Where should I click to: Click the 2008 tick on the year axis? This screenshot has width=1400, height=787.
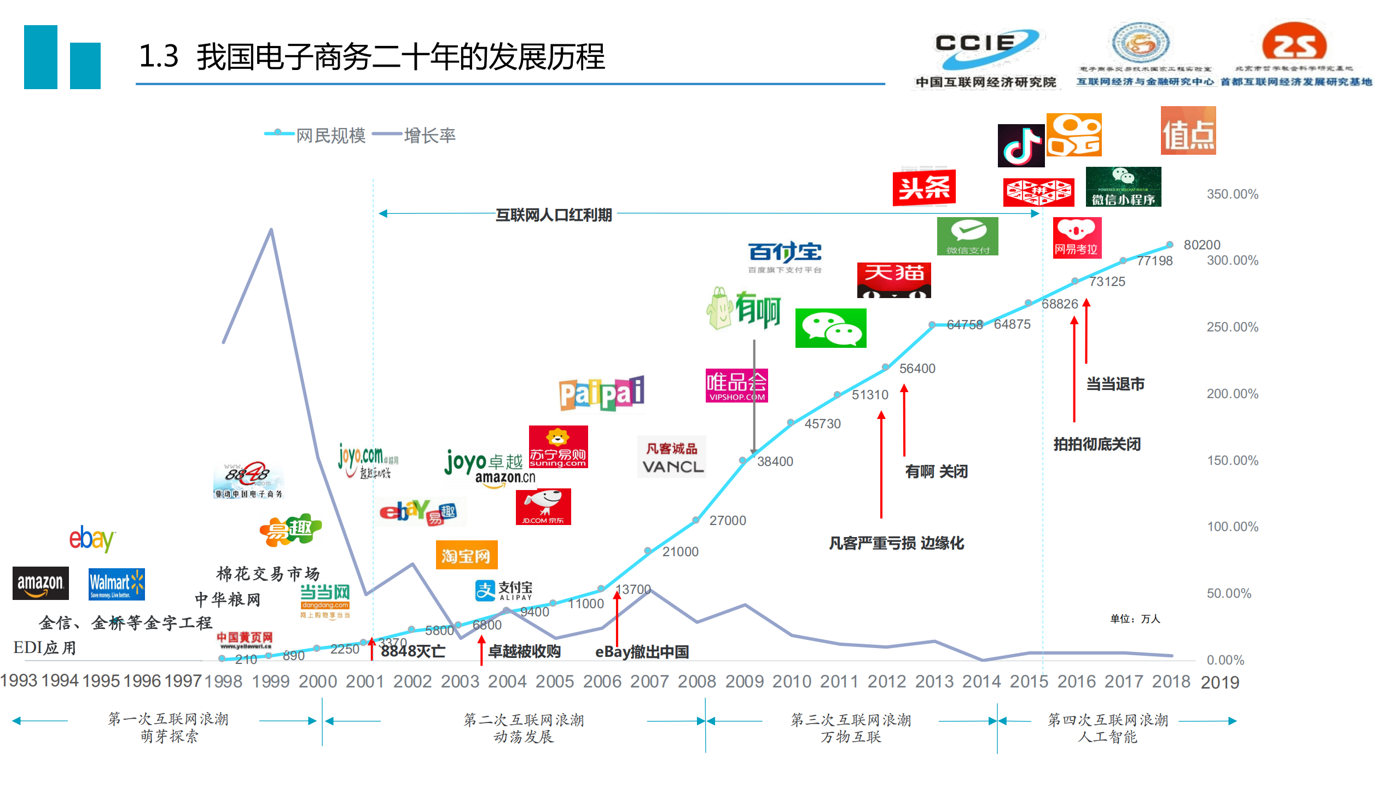[x=696, y=681]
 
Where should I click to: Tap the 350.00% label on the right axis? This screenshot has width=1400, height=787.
[x=1232, y=194]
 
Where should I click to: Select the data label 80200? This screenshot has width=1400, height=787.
[x=1201, y=244]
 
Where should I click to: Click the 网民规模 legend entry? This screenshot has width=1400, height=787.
[x=330, y=135]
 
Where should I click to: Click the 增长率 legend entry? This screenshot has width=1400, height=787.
[x=429, y=135]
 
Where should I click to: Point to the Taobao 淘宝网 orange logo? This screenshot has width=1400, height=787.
[x=466, y=555]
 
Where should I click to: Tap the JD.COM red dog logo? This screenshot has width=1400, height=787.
[x=543, y=506]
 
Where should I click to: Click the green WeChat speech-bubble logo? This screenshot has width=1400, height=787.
[x=830, y=328]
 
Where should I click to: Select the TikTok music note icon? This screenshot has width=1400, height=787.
[x=1020, y=145]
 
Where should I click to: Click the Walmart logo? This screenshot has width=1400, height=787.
[x=117, y=584]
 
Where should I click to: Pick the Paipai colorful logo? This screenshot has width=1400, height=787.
[x=601, y=393]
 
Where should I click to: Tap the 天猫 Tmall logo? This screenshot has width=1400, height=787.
[x=893, y=279]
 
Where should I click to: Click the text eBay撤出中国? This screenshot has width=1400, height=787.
[x=641, y=652]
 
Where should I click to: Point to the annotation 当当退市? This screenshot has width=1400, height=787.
[x=1114, y=384]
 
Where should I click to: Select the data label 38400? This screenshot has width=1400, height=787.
[x=775, y=461]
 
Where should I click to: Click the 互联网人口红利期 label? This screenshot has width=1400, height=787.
[x=553, y=215]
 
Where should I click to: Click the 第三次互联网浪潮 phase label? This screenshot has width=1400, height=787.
[x=851, y=720]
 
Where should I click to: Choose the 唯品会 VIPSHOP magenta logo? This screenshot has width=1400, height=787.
[x=736, y=385]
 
